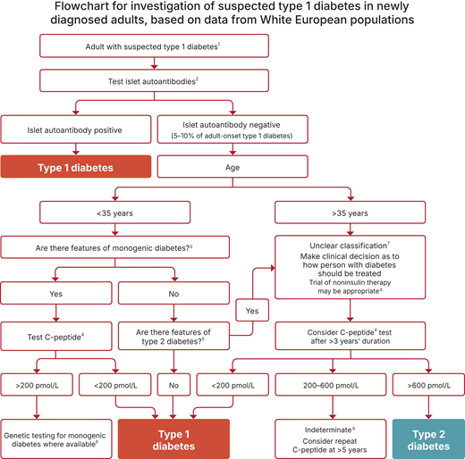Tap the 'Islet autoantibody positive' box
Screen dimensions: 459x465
[77, 129]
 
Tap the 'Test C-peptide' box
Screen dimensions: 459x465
[57, 338]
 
